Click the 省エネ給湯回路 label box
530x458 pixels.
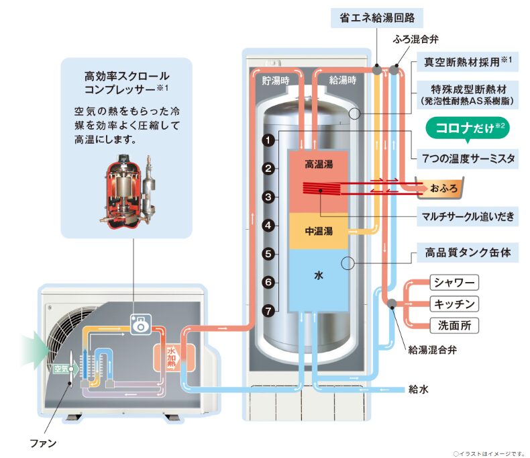[377, 17]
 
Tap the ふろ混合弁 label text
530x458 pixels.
[416, 39]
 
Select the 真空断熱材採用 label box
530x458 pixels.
[468, 62]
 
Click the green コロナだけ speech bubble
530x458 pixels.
[468, 128]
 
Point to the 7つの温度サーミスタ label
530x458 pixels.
[468, 158]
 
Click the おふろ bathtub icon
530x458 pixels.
[439, 187]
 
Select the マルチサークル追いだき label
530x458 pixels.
[468, 216]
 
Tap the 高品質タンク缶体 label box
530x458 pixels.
[468, 253]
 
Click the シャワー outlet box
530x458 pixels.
[454, 283]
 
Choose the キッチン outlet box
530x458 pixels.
[454, 304]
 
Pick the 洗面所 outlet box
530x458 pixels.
[454, 326]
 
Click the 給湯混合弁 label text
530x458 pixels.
[432, 350]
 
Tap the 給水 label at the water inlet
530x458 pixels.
[419, 390]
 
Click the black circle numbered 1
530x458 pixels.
[269, 140]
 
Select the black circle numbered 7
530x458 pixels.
[269, 310]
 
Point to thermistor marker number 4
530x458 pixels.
[269, 225]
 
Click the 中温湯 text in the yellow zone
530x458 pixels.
[319, 232]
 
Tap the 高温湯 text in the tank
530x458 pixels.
[319, 165]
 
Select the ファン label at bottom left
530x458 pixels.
[43, 443]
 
